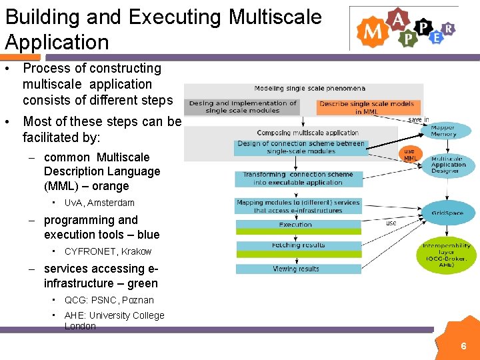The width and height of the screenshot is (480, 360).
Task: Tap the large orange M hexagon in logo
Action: [x=370, y=31]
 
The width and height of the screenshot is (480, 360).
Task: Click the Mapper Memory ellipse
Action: [x=443, y=130]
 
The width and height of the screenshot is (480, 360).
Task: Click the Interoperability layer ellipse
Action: [x=446, y=255]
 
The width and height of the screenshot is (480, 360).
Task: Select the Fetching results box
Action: [x=298, y=245]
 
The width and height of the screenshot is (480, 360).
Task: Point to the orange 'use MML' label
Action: [x=410, y=155]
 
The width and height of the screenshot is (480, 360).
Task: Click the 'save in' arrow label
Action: [x=419, y=119]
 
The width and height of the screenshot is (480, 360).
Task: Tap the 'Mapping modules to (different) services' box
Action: [x=297, y=206]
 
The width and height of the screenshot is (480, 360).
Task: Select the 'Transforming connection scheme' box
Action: [x=298, y=179]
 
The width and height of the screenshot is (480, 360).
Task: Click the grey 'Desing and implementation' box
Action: [x=242, y=107]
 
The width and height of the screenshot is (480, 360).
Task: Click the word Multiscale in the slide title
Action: [x=275, y=17]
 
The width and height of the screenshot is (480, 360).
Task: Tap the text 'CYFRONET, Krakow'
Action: [x=107, y=251]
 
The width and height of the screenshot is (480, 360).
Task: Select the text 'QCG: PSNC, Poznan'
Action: [x=109, y=300]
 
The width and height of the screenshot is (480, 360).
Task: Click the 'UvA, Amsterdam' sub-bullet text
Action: [x=99, y=203]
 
